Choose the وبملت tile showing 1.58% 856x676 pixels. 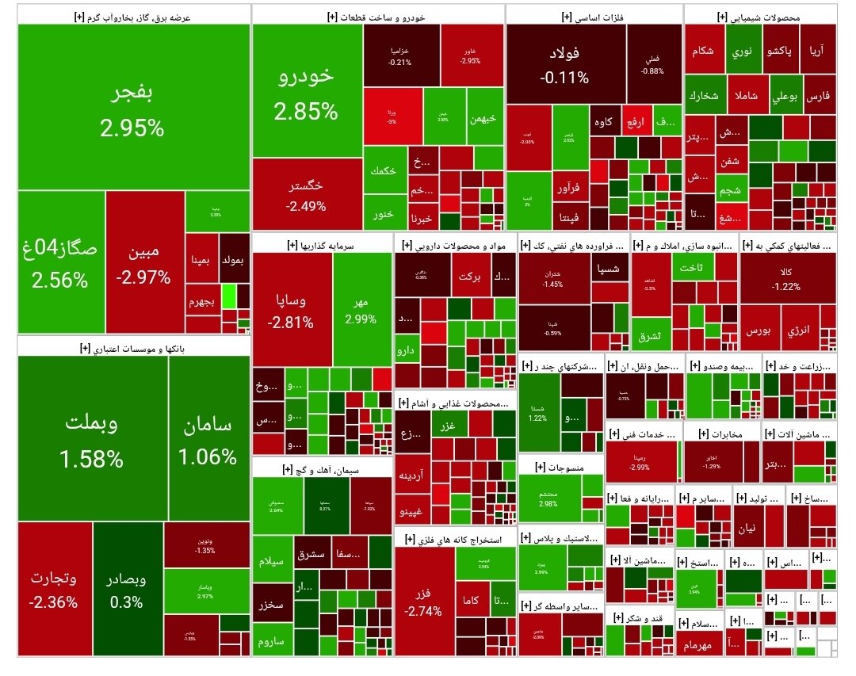(x=92, y=439)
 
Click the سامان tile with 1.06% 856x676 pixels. (x=208, y=439)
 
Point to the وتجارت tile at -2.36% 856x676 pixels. (x=54, y=588)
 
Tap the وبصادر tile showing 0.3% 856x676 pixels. (x=127, y=588)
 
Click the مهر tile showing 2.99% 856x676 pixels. (x=361, y=309)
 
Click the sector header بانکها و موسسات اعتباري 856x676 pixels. (x=133, y=347)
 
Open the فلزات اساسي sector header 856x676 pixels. (x=594, y=16)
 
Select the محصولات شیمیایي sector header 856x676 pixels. (x=760, y=16)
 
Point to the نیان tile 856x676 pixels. (x=747, y=529)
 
